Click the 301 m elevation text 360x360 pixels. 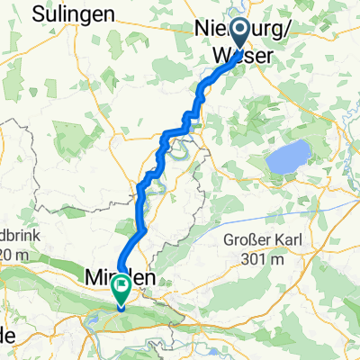click(x=269, y=260)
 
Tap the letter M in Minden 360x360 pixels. click(x=92, y=279)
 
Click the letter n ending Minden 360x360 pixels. click(x=147, y=279)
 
